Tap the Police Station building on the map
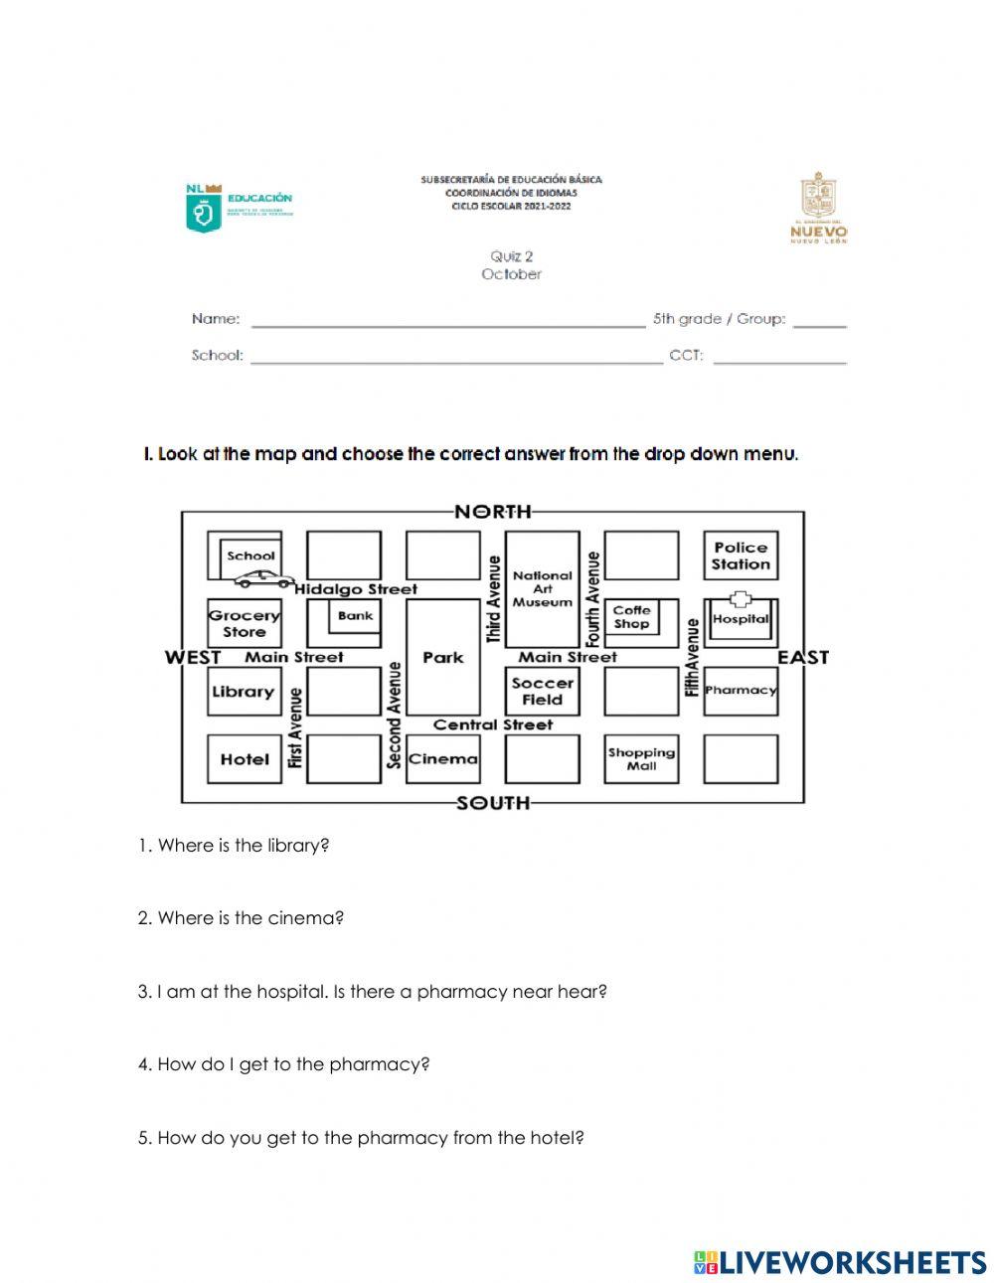741,556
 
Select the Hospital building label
741,619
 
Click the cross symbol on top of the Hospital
741,599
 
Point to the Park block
442,657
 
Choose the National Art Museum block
542,588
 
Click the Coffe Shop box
631,617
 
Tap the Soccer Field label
542,691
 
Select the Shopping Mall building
641,759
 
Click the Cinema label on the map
442,759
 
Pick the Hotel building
245,759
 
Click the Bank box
355,616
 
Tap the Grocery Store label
245,623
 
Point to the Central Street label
492,724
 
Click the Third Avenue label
493,598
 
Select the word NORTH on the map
492,512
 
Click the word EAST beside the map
802,657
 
